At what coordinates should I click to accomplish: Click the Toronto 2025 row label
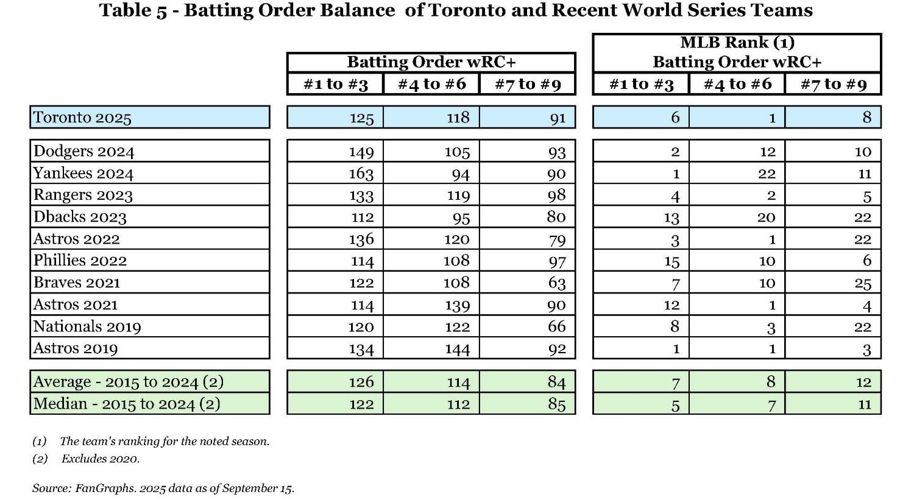(82, 118)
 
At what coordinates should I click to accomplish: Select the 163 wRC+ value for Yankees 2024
(361, 174)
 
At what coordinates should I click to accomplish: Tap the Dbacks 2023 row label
(80, 217)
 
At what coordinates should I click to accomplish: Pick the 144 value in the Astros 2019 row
(457, 349)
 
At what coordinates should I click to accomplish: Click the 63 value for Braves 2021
(556, 283)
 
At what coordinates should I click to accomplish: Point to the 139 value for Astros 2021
(457, 305)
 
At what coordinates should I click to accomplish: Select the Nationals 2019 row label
(87, 327)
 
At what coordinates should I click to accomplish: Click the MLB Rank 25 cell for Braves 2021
(862, 283)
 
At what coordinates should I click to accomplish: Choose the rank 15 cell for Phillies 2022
(671, 261)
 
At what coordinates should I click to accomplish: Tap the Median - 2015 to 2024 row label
(127, 404)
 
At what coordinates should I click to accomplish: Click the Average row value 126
(361, 382)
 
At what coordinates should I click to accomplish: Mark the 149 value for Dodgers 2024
(361, 152)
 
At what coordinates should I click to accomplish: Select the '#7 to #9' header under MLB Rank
(833, 84)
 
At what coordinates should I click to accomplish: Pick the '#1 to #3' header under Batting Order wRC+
(336, 84)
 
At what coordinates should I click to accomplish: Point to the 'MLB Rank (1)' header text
(737, 43)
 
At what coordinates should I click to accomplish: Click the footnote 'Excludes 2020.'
(100, 459)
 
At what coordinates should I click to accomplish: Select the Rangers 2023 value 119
(457, 195)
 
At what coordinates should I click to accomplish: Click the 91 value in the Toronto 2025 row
(558, 118)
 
